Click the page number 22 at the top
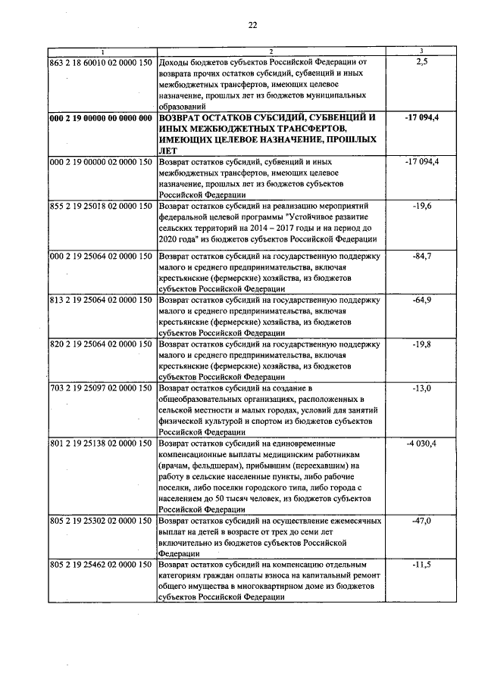pos(252,24)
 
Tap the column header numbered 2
pos(270,51)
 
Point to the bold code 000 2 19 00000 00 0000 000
pos(101,118)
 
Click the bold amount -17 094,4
pos(422,118)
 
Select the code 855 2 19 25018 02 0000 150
pos(101,205)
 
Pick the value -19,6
pos(422,205)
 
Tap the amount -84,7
pos(422,257)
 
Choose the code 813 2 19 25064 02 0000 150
pos(101,300)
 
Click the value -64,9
pos(422,300)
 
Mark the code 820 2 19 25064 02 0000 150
pos(101,344)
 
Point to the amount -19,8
pos(422,344)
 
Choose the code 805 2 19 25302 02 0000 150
pos(101,522)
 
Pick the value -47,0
pos(422,522)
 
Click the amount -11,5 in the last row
pos(422,565)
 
